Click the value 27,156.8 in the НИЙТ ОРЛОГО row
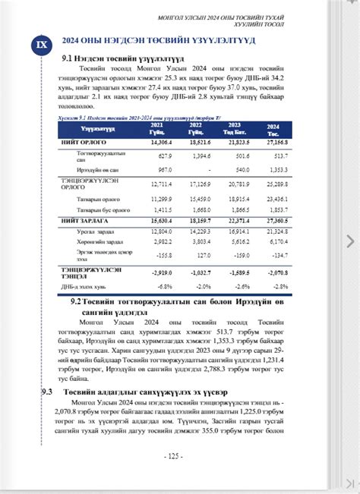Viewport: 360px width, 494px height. point(277,142)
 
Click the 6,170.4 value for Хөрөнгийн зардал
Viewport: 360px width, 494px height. point(279,242)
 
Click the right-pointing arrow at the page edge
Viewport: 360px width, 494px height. point(350,241)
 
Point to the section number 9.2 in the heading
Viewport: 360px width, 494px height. point(76,301)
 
